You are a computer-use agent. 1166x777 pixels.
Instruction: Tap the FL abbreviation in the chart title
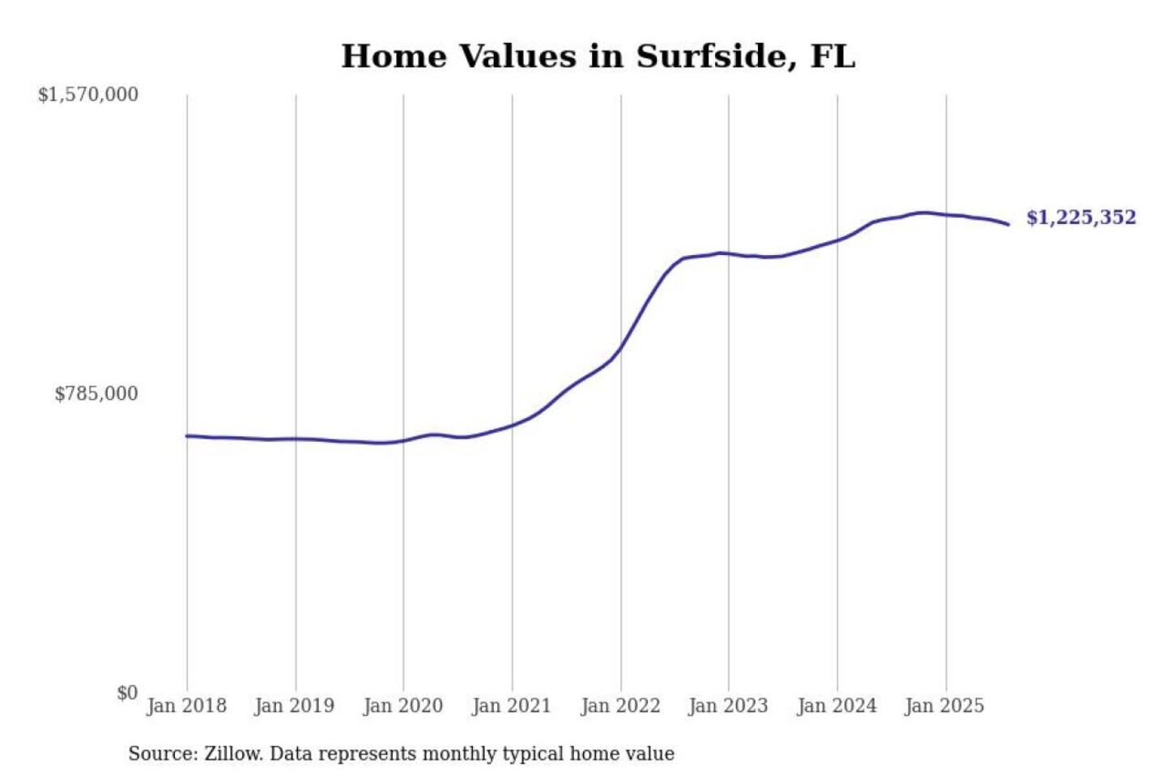pos(832,57)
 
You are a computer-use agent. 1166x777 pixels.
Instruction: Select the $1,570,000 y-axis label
pos(88,95)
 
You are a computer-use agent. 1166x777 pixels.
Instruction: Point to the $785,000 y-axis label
pos(96,394)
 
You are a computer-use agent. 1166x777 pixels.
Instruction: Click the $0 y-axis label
pos(127,693)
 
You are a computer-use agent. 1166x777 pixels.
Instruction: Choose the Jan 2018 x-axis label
pos(186,706)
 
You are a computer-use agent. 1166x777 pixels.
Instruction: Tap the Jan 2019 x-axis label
pos(294,706)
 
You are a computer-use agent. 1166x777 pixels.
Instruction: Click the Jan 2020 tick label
pos(403,706)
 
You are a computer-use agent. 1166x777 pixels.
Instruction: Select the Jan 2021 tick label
pos(511,706)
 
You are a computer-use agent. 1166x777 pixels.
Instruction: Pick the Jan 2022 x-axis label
pos(620,706)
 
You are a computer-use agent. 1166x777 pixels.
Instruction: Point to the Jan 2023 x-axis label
pos(728,706)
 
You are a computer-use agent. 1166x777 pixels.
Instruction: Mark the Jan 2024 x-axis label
pos(836,706)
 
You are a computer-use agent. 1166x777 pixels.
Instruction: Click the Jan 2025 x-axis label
pos(944,706)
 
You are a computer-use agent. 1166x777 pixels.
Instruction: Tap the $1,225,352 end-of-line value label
pos(1081,218)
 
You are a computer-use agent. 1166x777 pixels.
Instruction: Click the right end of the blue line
pos(1008,224)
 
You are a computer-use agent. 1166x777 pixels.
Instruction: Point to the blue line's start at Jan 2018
pos(187,436)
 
